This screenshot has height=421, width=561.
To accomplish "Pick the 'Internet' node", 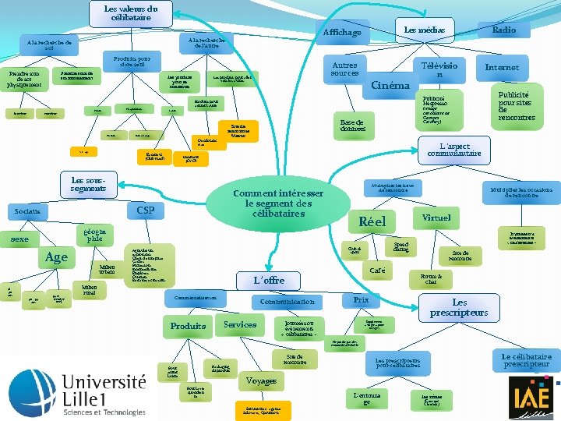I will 501,68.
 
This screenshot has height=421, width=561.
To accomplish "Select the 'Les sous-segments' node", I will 87,184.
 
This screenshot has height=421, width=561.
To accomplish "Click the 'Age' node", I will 58,257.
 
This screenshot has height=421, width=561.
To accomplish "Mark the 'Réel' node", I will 372,221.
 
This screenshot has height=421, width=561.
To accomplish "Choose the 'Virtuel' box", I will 436,218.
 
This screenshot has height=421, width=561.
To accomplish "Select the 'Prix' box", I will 361,299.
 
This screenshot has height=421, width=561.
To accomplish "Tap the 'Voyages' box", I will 261,381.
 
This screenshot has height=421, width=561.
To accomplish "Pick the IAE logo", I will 533,395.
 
